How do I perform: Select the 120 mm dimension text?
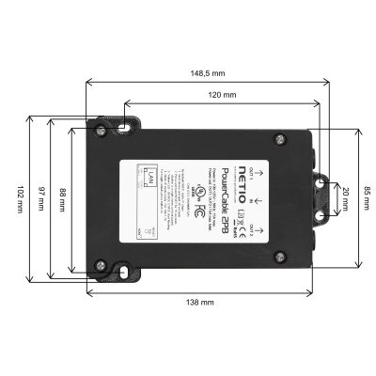(222, 96)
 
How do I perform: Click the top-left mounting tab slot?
(125, 119)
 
